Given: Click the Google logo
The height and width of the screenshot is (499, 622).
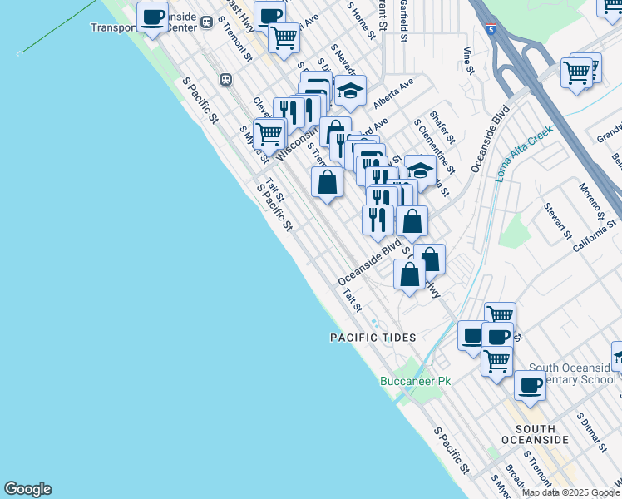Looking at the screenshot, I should click(x=27, y=489).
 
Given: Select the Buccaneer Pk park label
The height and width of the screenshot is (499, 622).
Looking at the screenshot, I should click(x=415, y=381).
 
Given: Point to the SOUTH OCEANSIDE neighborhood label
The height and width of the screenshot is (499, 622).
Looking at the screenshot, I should click(x=536, y=432).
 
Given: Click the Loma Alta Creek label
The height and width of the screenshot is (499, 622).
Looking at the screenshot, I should click(x=525, y=154).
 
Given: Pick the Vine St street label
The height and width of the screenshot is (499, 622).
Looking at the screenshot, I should click(x=467, y=60).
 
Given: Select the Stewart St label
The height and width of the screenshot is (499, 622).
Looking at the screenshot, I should click(x=557, y=220).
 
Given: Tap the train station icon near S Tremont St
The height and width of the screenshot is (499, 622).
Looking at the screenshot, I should click(x=225, y=79).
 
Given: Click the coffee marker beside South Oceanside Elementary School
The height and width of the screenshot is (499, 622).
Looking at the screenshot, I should click(x=530, y=385).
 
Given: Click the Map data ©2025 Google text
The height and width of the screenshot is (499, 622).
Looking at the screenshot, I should click(x=571, y=492).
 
